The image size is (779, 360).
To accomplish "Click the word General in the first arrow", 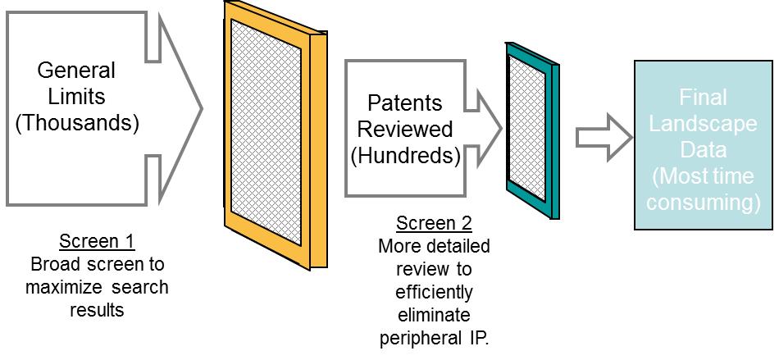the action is point(76,71).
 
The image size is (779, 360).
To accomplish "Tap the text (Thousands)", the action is point(77,123).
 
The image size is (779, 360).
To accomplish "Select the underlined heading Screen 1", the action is point(97,242).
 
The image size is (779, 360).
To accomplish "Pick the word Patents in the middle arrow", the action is point(405,104).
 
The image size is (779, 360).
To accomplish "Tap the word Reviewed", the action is point(405,130).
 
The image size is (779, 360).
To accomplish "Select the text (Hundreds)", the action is point(405,156).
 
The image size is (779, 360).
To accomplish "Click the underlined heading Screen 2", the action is point(434,224).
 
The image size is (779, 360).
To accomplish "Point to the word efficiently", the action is point(434,293).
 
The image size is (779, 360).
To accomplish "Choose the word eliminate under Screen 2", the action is point(434,316).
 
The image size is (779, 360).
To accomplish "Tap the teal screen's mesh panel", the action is point(527,126).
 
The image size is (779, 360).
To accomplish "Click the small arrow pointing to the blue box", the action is point(604,138).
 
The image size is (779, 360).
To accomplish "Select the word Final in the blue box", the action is point(704,98).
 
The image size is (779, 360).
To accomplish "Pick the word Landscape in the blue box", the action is point(704,124).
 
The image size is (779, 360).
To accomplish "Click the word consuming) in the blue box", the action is point(704,203).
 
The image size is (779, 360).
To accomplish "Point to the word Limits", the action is point(76,96).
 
